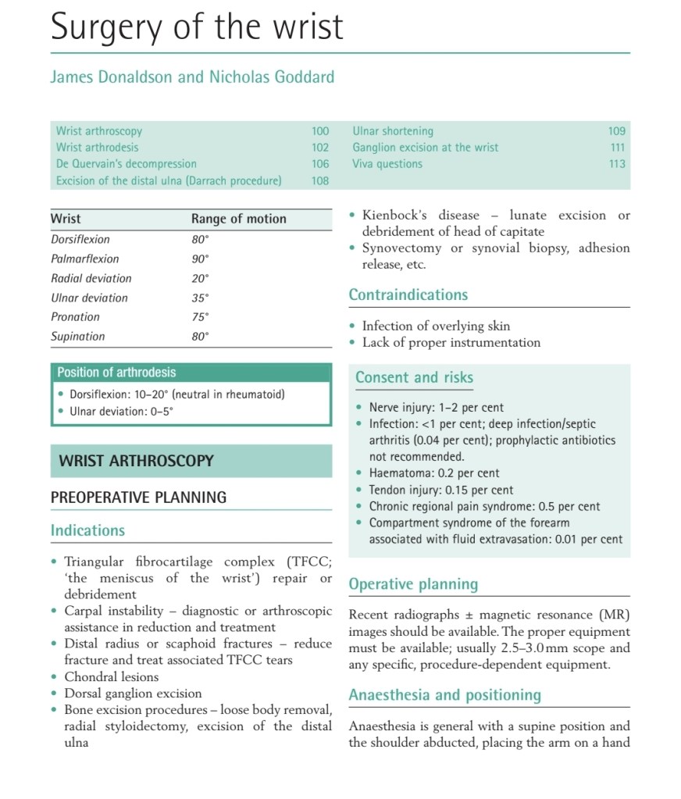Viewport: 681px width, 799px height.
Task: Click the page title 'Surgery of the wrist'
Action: tap(197, 27)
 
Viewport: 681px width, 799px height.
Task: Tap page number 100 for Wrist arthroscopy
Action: tap(320, 131)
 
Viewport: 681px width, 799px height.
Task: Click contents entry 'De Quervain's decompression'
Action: tap(126, 164)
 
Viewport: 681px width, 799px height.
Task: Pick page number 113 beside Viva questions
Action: tap(617, 164)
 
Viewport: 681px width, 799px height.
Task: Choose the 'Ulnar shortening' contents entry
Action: tap(393, 131)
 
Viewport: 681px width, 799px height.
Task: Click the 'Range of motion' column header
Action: tap(238, 219)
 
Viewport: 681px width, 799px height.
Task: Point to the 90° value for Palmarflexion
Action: tap(201, 259)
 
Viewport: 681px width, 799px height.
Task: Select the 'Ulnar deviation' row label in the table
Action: tap(89, 298)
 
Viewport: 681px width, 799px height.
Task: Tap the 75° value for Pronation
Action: tap(201, 317)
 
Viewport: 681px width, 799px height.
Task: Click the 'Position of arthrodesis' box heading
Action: tap(116, 373)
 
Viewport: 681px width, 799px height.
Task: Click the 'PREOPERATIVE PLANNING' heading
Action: tap(138, 498)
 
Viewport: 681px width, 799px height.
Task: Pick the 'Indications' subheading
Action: tap(87, 530)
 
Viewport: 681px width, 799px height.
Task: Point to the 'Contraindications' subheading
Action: tap(408, 295)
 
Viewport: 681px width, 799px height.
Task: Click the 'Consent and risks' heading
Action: tap(414, 378)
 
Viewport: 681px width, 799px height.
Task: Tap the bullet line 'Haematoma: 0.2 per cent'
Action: tap(433, 473)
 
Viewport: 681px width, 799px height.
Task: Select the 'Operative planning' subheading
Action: tap(413, 584)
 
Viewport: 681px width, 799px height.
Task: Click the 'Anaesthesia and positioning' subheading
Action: tap(444, 695)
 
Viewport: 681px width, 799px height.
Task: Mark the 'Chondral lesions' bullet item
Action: tap(111, 677)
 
